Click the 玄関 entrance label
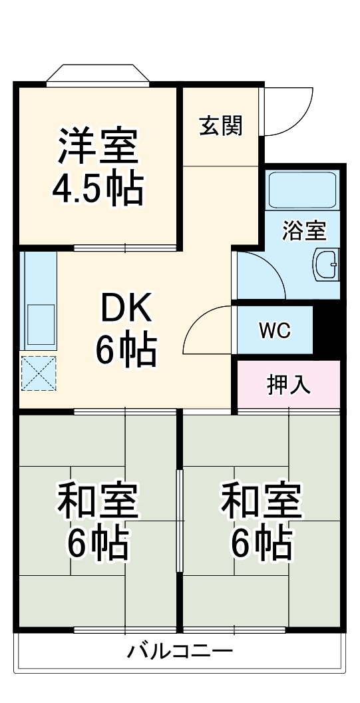(x=220, y=125)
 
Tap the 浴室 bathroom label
(x=304, y=231)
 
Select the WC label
(x=274, y=331)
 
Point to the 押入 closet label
(x=289, y=385)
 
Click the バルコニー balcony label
(x=180, y=650)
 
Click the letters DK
(x=126, y=308)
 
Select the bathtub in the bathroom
(x=302, y=192)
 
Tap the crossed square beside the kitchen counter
(x=39, y=373)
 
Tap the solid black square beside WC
(x=327, y=330)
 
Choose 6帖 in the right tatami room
(x=262, y=544)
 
